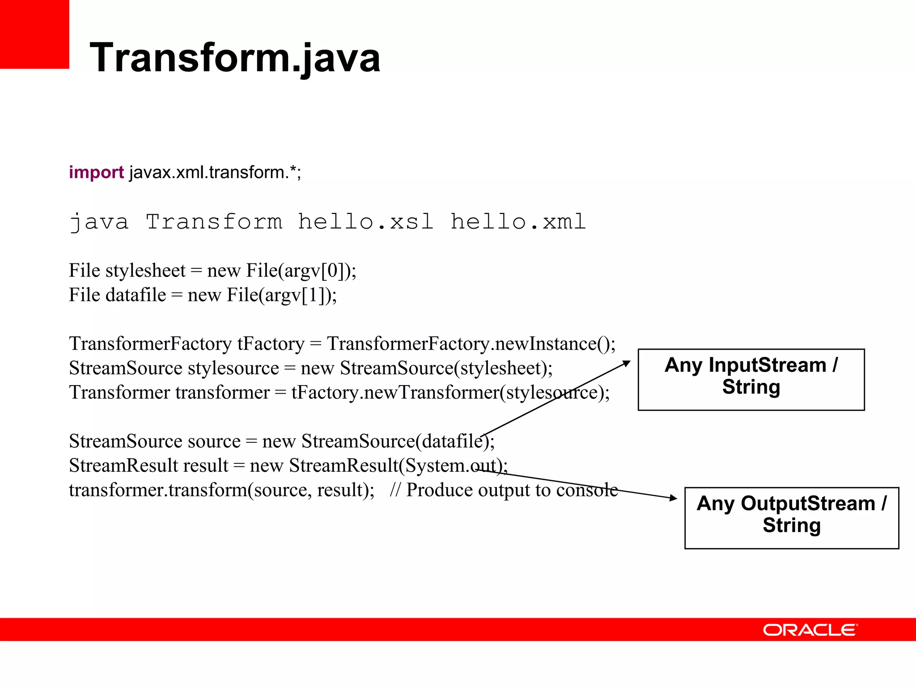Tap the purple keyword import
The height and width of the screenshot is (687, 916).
pos(96,172)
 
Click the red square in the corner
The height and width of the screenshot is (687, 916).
pos(34,34)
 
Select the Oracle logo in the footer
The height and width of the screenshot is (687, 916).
pos(810,630)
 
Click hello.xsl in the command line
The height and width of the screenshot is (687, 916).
pos(365,221)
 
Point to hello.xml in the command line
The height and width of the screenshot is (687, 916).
pos(518,221)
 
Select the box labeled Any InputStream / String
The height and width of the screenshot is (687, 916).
pos(751,379)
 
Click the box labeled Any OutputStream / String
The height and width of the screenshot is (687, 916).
pos(792,517)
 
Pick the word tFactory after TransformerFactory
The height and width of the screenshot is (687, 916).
pos(271,343)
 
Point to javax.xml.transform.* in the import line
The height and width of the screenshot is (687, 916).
pos(215,172)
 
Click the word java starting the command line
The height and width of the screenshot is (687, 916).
pos(99,221)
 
